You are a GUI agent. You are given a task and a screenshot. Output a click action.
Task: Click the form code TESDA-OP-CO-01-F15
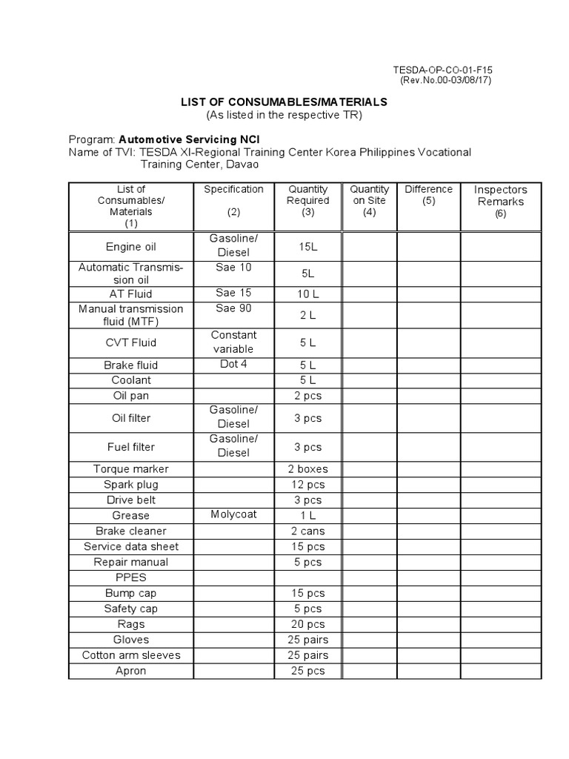pyautogui.click(x=442, y=70)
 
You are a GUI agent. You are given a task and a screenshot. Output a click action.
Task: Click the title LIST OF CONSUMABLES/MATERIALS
pyautogui.click(x=284, y=102)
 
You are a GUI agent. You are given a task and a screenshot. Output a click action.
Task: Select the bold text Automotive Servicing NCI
pyautogui.click(x=189, y=139)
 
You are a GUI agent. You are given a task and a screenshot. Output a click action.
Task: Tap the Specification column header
pyautogui.click(x=233, y=189)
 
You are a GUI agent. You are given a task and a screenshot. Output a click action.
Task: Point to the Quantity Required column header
pyautogui.click(x=307, y=200)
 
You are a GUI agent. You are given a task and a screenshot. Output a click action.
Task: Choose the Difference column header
pyautogui.click(x=428, y=195)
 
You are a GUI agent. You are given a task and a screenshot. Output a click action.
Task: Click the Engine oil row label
pyautogui.click(x=131, y=246)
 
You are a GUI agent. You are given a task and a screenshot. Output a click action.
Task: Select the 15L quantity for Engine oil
pyautogui.click(x=307, y=246)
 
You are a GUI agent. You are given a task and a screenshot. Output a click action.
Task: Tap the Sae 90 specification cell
pyautogui.click(x=233, y=308)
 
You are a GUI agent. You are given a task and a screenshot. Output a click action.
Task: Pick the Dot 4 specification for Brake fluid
pyautogui.click(x=233, y=364)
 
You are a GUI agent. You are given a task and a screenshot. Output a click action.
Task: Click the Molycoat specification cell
pyautogui.click(x=233, y=514)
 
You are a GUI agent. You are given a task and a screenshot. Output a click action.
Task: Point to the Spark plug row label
pyautogui.click(x=131, y=484)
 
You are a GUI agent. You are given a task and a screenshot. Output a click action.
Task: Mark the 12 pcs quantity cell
pyautogui.click(x=307, y=484)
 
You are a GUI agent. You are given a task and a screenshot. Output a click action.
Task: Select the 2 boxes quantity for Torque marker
pyautogui.click(x=307, y=468)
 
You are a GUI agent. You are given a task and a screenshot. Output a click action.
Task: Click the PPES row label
pyautogui.click(x=131, y=577)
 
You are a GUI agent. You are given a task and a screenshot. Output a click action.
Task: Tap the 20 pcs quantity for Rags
pyautogui.click(x=307, y=624)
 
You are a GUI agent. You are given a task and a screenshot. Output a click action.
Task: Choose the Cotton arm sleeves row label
pyautogui.click(x=131, y=655)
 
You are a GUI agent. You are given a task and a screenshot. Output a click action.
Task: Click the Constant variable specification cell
pyautogui.click(x=233, y=342)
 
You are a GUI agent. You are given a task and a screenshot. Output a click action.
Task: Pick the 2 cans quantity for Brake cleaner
pyautogui.click(x=307, y=531)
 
